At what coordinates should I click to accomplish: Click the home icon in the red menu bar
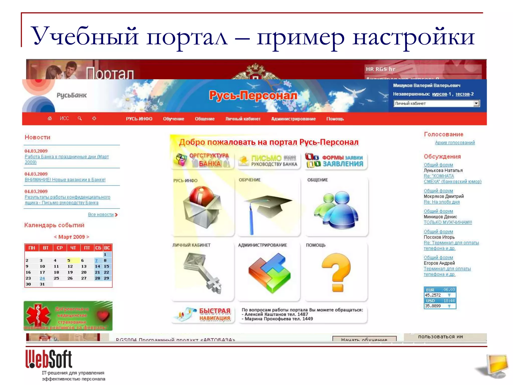50,118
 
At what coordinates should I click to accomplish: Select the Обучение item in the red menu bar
173,119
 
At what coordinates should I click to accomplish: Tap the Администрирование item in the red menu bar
293,119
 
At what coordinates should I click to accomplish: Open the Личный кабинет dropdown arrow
476,103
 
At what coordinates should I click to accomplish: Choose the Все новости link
101,215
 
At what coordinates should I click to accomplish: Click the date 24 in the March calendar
42,278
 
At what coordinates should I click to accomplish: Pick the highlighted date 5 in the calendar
69,260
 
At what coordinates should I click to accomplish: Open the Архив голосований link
455,143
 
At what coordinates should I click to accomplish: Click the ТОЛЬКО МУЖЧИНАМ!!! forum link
448,222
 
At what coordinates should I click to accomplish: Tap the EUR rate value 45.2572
433,295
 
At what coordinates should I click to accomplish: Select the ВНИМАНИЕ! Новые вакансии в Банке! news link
65,180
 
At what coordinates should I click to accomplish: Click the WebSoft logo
49,359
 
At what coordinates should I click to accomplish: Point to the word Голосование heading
443,134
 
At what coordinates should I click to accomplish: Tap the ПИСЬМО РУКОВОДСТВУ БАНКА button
269,161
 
